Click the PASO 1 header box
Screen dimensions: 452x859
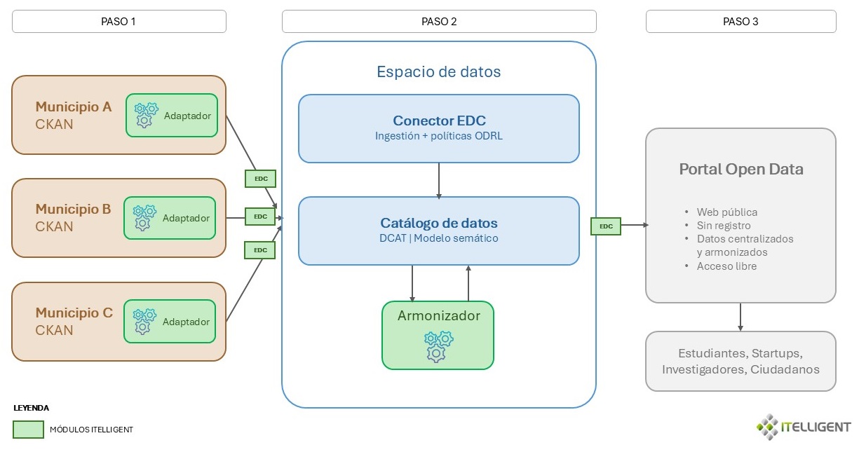pyautogui.click(x=119, y=21)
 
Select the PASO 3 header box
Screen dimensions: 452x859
pyautogui.click(x=740, y=21)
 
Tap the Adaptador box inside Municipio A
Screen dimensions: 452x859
pyautogui.click(x=172, y=115)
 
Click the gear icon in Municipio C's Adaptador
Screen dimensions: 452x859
pyautogui.click(x=144, y=321)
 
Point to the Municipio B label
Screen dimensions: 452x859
pyautogui.click(x=74, y=209)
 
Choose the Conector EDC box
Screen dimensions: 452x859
pyautogui.click(x=439, y=128)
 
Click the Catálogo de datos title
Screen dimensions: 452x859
pyautogui.click(x=439, y=223)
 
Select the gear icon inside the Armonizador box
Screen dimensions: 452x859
pyautogui.click(x=437, y=346)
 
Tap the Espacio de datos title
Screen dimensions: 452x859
pyautogui.click(x=439, y=71)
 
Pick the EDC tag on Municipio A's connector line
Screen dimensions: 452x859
pyautogui.click(x=260, y=179)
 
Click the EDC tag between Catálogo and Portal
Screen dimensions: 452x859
pyautogui.click(x=607, y=226)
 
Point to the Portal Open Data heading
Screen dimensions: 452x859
pyautogui.click(x=741, y=169)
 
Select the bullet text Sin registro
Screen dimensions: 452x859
pyautogui.click(x=724, y=226)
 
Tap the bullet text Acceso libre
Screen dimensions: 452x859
pyautogui.click(x=726, y=266)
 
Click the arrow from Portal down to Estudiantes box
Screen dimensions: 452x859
pyautogui.click(x=740, y=317)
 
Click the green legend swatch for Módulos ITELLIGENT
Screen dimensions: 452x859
pyautogui.click(x=28, y=430)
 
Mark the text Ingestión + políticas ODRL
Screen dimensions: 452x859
pyautogui.click(x=439, y=137)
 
